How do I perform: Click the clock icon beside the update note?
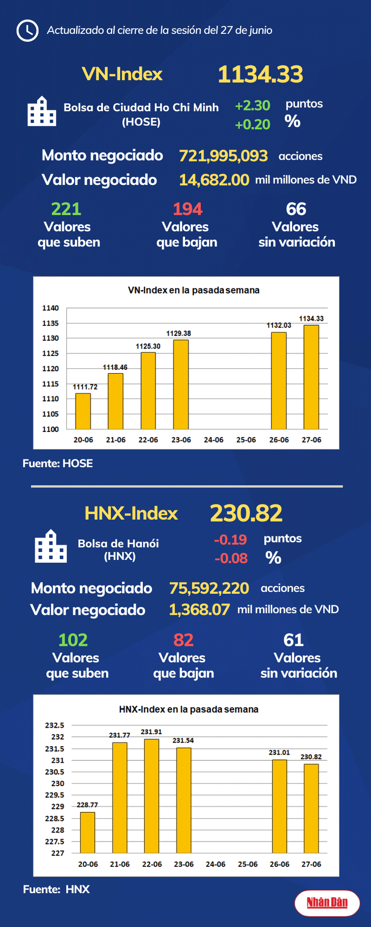(x=27, y=31)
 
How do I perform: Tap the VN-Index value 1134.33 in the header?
(x=260, y=75)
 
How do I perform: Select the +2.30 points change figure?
(x=253, y=106)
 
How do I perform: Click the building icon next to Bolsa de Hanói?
(x=51, y=546)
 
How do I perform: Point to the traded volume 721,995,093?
(x=223, y=156)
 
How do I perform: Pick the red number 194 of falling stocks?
(x=187, y=209)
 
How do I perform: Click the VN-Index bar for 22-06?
(x=148, y=391)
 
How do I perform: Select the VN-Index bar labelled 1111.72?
(x=83, y=411)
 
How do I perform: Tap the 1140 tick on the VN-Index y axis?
(x=50, y=308)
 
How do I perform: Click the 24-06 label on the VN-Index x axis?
(x=214, y=440)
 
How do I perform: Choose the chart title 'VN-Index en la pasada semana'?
(x=193, y=291)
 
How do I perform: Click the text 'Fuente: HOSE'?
(x=58, y=464)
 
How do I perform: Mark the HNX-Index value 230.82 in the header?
(x=246, y=513)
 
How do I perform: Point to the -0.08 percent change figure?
(x=231, y=558)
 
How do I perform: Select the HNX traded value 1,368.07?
(x=200, y=610)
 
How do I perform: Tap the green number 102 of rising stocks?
(x=73, y=640)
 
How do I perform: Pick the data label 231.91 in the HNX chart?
(x=151, y=732)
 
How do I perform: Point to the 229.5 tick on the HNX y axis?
(x=54, y=795)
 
